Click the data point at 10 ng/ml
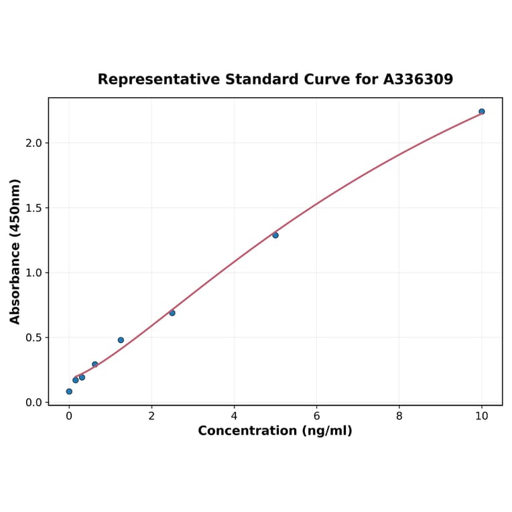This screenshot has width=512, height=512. pos(481,111)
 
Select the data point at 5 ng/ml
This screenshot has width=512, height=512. pos(275,235)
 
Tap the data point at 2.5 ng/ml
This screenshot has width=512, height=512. pos(172,313)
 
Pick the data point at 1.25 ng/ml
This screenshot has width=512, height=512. pos(121,340)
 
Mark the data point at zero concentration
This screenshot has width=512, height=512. pos(69,391)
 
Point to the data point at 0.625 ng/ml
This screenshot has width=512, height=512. pos(95,365)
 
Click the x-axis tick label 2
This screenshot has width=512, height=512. pos(151,416)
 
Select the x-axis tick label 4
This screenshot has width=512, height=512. pos(234,416)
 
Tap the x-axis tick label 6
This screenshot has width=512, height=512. pos(316,416)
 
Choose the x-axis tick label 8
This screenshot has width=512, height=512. pos(399,416)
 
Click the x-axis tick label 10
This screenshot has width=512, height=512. pos(481,416)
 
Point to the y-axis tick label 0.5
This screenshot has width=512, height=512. pos(34,338)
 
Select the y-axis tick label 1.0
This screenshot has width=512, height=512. pos(34,273)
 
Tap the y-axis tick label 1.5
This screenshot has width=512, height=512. pos(34,208)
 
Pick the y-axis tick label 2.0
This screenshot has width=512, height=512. pos(34,143)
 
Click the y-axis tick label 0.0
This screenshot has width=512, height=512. pos(34,403)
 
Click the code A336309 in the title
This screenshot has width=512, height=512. pos(418,79)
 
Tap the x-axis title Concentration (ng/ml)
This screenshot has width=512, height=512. pos(275,431)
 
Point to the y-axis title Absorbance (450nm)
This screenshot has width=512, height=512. pos(15,251)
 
